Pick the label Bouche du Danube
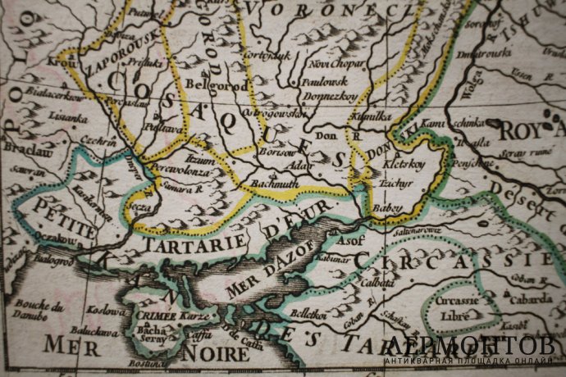click(38, 314)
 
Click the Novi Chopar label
click(335, 64)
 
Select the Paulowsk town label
click(328, 81)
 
